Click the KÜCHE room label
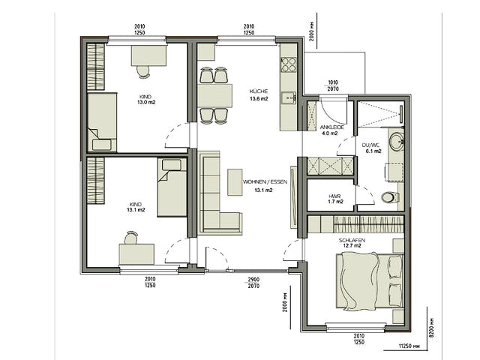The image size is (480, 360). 259,91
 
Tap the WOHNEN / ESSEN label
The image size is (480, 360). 265,181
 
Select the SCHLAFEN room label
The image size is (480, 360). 352,240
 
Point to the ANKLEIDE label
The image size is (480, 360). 332,127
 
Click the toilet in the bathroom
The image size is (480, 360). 390,197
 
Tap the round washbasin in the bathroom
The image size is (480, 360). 397,142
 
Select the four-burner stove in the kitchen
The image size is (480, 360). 289,64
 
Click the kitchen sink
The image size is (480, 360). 289,98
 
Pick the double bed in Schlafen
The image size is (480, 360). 370,280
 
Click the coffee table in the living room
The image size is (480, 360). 235,181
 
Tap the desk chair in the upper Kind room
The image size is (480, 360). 143,72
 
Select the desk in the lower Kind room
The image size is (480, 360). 136,254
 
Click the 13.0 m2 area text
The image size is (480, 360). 146,102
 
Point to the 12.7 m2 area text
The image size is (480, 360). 352,245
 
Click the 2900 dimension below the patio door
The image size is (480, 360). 253,280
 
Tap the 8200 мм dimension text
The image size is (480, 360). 432,327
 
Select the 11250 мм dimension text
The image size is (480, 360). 409,346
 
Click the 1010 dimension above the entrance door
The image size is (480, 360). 333,82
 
